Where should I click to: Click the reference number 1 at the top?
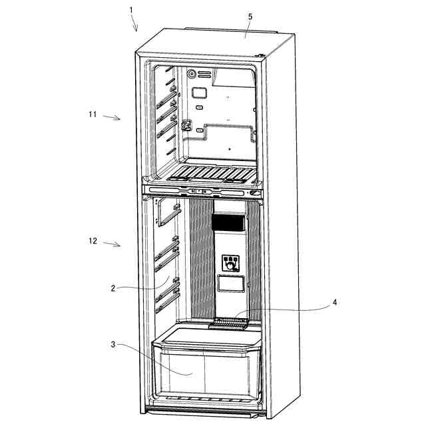[131, 9]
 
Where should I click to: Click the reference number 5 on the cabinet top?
[250, 16]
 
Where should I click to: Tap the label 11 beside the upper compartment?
[93, 114]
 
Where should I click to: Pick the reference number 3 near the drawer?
[113, 344]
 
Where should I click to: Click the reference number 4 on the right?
[335, 302]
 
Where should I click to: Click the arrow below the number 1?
[135, 25]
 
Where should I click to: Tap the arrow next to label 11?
[114, 118]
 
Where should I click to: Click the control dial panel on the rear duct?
[231, 262]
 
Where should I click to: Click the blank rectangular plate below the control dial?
[230, 284]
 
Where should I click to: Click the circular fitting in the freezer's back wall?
[192, 75]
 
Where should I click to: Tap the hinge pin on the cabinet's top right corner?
[262, 57]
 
